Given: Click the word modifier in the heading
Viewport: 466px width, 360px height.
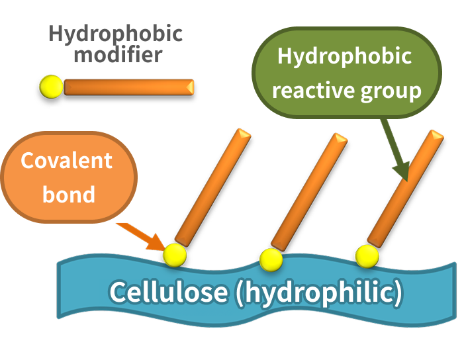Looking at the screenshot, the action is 118,55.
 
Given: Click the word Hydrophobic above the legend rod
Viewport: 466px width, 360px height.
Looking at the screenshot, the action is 116,34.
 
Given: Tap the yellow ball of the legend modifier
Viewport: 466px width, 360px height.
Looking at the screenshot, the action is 52,87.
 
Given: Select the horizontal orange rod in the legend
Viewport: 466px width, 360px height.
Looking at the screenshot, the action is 129,87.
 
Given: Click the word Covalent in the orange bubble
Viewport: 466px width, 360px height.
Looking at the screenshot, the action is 67,160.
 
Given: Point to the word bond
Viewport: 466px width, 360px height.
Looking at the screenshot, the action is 69,194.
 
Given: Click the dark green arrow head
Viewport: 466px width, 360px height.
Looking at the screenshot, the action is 402,171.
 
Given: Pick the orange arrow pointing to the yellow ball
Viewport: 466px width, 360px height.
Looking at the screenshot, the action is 141,236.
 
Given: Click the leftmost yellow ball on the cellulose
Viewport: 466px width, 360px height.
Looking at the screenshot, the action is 175,255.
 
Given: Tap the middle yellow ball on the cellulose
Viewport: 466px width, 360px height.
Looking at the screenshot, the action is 271,260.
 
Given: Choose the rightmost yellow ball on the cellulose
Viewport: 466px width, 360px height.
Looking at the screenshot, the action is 367,256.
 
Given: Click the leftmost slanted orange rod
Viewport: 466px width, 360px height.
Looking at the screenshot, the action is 212,188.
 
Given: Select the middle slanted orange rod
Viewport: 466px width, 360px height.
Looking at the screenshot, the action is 309,192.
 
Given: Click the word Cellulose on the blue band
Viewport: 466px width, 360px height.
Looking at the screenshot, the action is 168,291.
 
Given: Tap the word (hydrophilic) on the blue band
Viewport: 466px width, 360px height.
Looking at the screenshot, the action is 319,292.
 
